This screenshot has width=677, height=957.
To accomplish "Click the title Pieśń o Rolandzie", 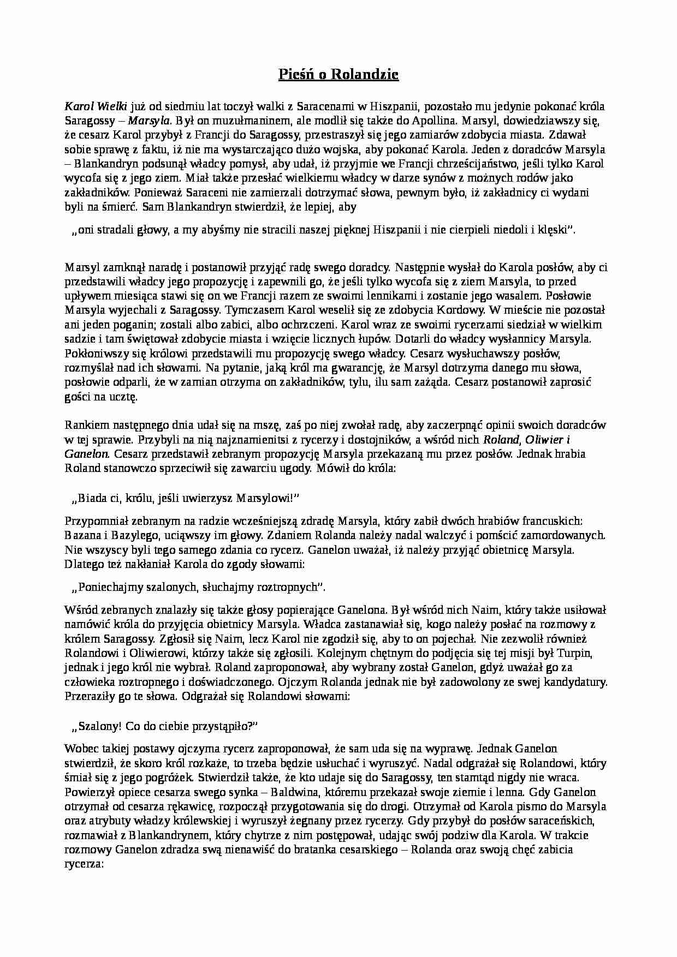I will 338,75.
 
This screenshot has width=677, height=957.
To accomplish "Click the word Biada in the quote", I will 92,497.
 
